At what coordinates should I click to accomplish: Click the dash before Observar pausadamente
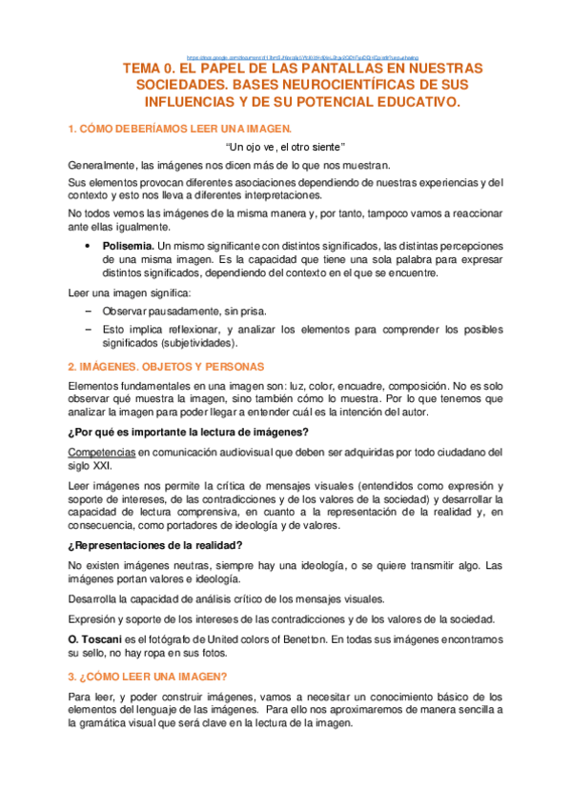tap(88, 311)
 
